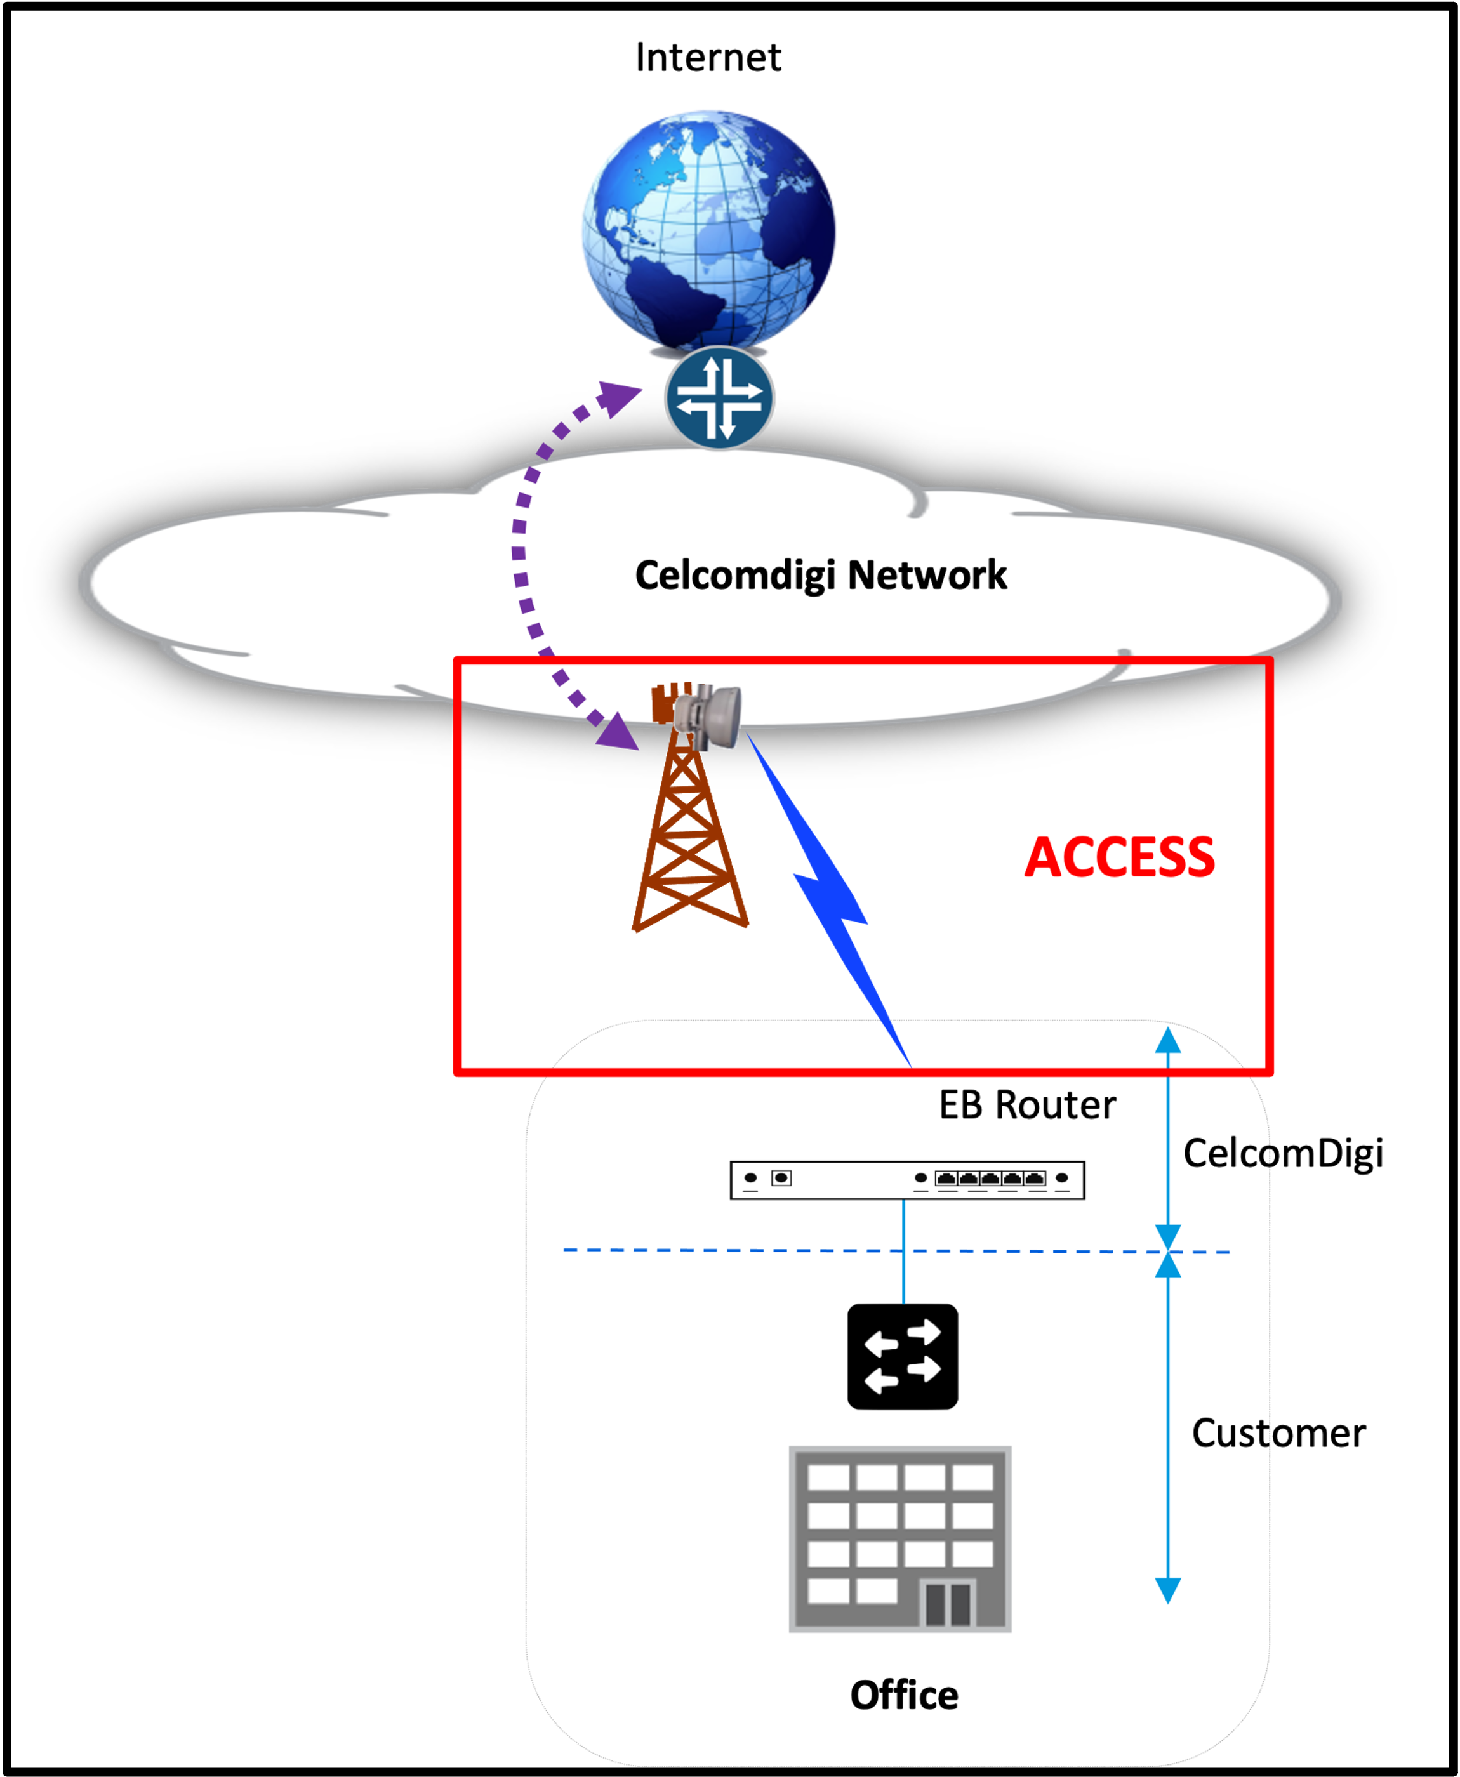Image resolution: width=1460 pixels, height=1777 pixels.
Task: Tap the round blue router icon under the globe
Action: coord(719,397)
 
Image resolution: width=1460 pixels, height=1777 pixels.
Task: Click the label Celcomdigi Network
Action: coord(820,576)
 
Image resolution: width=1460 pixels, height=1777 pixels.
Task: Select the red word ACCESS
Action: coord(1119,857)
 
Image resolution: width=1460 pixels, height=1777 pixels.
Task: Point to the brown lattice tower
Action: coord(689,841)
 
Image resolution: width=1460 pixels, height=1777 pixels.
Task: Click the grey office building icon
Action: coord(900,1539)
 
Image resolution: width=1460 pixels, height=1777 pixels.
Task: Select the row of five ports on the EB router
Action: coord(990,1179)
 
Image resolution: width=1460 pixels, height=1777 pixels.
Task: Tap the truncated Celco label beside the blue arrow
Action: coord(1226,1153)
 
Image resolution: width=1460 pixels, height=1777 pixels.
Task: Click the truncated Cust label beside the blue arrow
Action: coord(1230,1433)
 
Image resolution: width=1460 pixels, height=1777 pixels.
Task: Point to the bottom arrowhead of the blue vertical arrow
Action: coord(1168,1589)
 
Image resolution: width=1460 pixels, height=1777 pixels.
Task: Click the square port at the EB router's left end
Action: coord(781,1178)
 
